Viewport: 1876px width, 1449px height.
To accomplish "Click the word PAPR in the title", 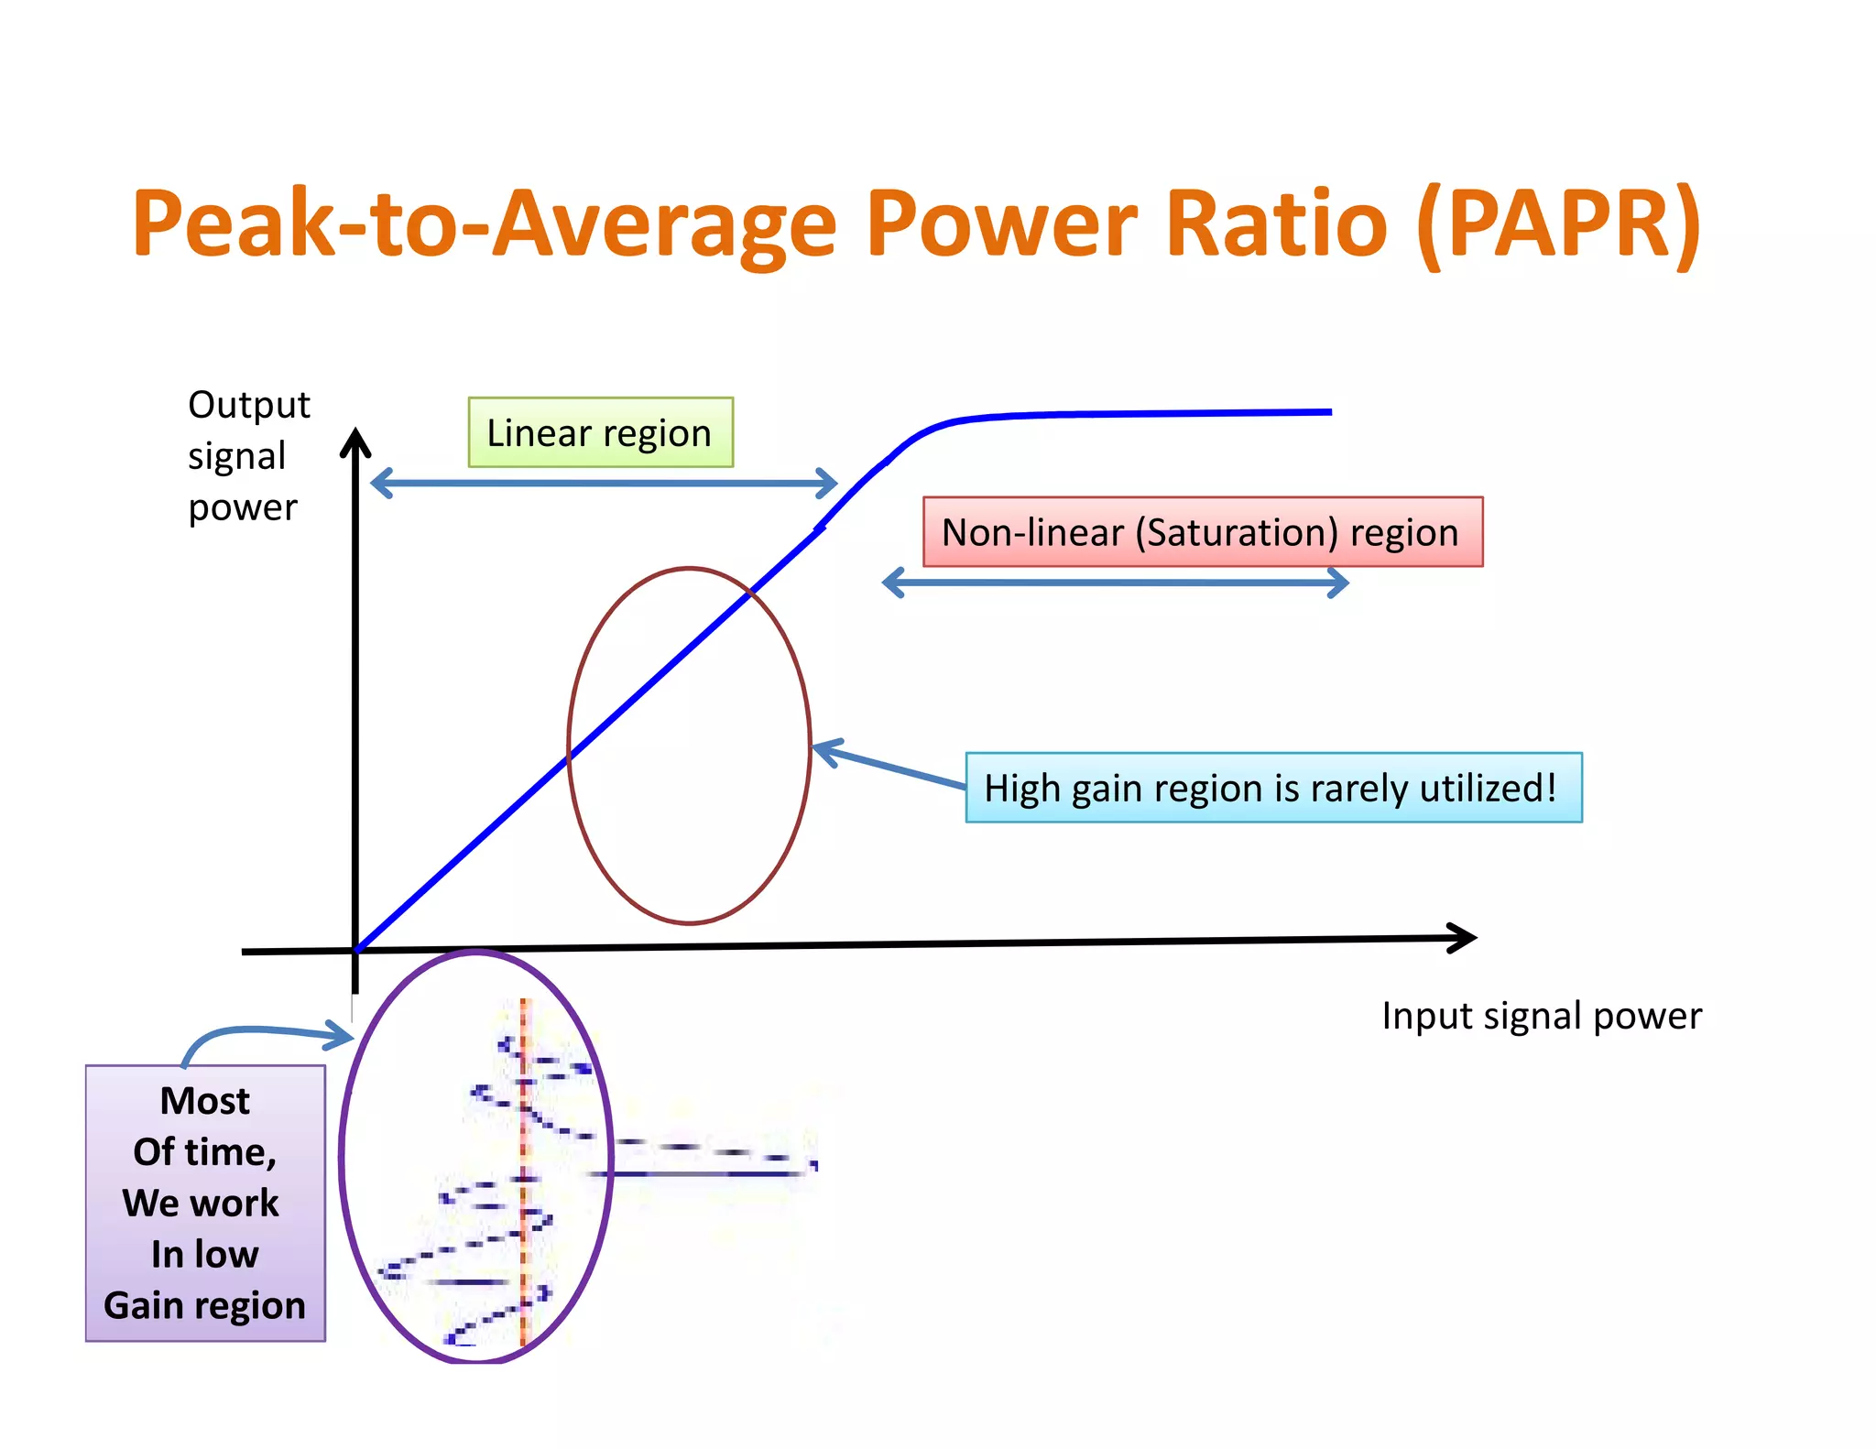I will coord(1557,224).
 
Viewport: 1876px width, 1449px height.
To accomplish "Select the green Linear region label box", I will coord(600,432).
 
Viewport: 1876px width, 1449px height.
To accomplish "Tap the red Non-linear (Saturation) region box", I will coord(1202,532).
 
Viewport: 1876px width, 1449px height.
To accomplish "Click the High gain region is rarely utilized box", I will coord(1273,788).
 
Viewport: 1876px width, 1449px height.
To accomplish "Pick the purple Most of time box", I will coord(205,1203).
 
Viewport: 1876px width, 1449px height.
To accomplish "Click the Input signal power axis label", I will coord(1541,1016).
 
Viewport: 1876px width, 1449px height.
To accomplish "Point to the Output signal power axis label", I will coord(247,455).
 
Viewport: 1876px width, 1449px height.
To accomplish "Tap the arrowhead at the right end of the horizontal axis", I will coord(1464,938).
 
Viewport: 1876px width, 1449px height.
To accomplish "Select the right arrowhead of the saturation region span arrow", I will coord(1338,583).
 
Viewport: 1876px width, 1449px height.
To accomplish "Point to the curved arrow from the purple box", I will coord(256,1033).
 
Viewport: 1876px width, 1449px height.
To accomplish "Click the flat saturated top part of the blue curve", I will coord(1145,414).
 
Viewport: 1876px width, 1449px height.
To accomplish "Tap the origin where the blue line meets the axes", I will coord(356,950).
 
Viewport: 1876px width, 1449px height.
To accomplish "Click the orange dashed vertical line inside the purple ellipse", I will coord(524,1172).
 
